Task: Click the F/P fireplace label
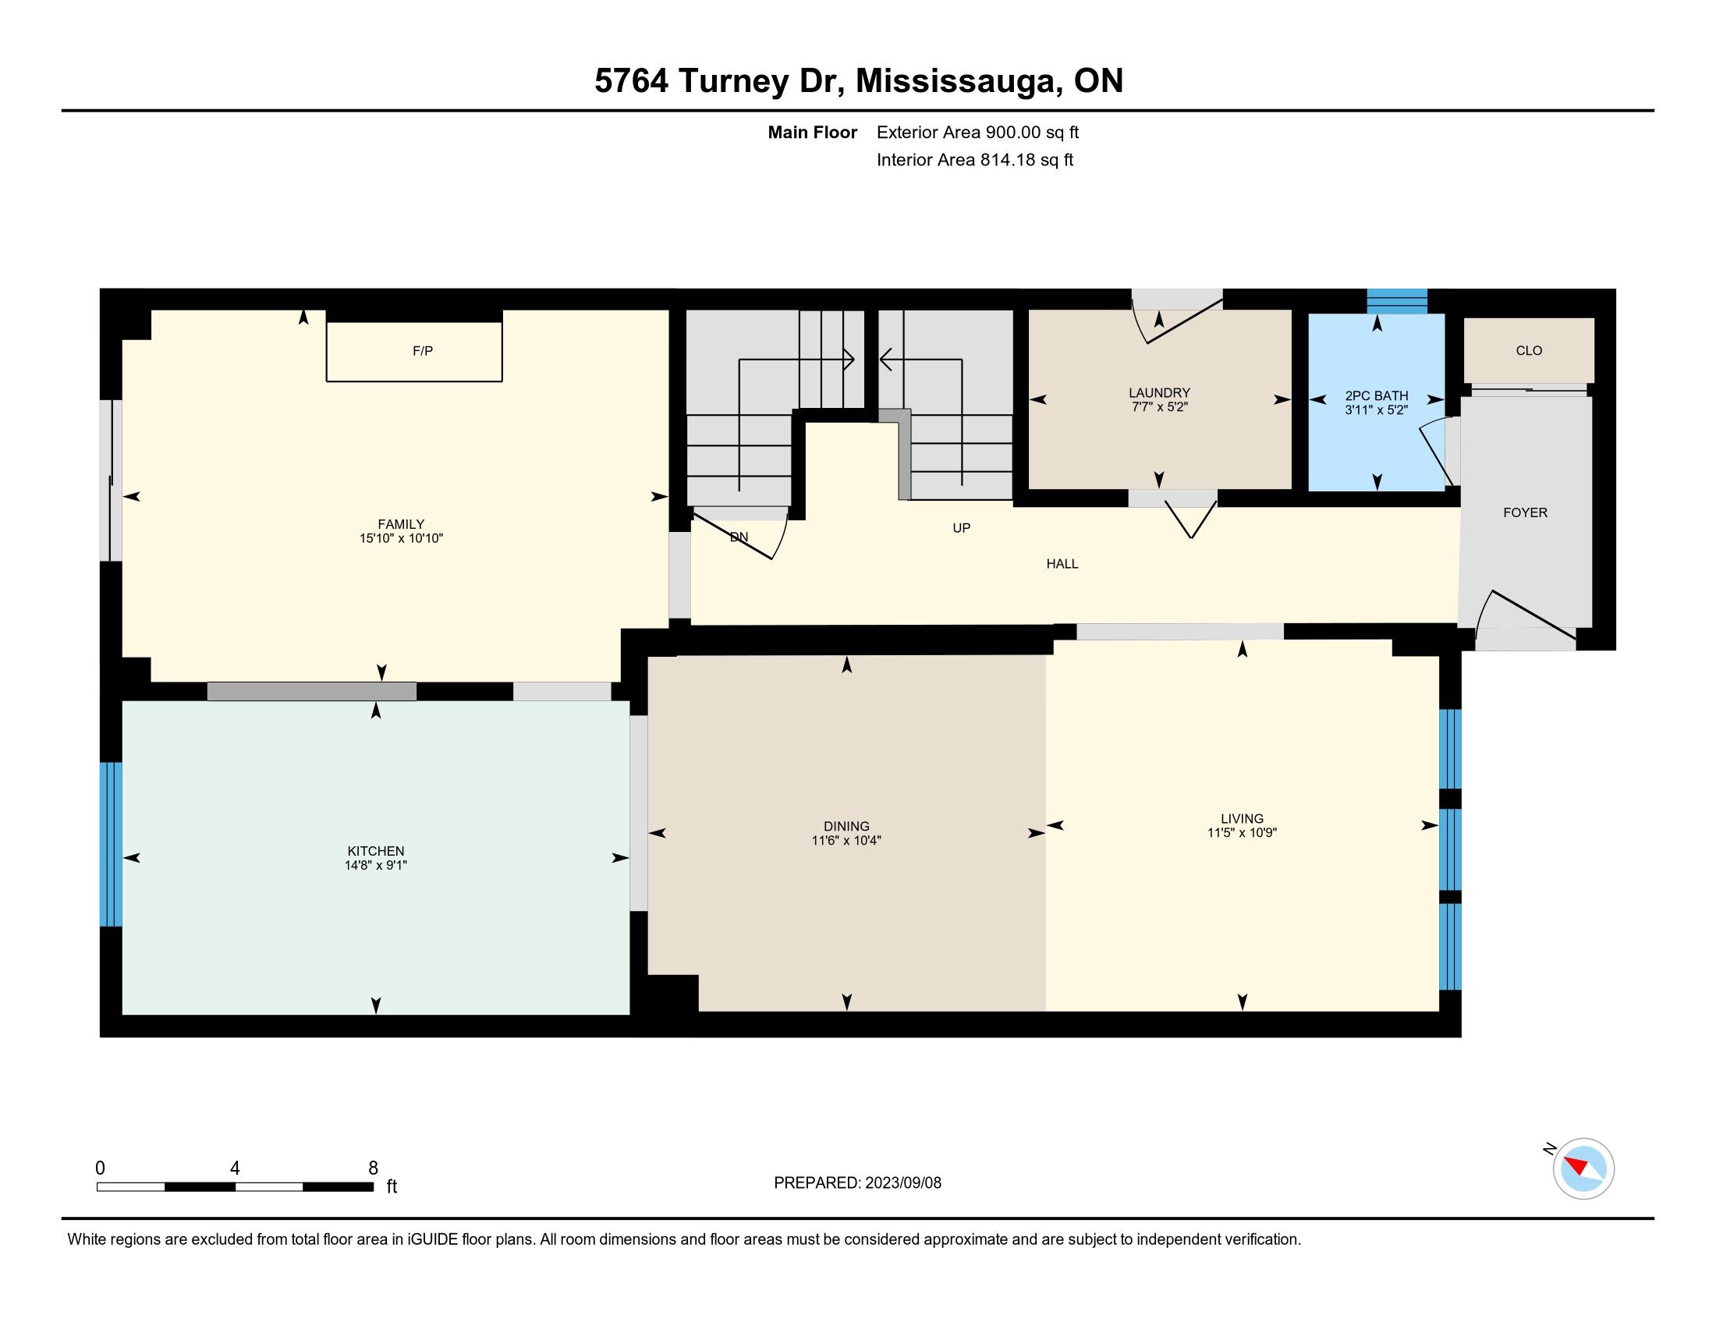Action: click(x=423, y=351)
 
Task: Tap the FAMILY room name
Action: click(x=401, y=524)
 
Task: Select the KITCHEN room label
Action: click(x=376, y=851)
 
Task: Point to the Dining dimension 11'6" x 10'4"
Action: click(x=846, y=841)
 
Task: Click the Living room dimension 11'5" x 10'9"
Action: click(x=1243, y=833)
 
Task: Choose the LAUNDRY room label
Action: click(x=1159, y=393)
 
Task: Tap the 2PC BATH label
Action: click(x=1377, y=396)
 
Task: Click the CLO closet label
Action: click(x=1529, y=350)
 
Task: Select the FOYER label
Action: click(x=1525, y=512)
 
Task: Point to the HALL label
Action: click(x=1062, y=563)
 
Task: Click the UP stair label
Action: click(x=962, y=528)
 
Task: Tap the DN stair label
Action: click(x=739, y=537)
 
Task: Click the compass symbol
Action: click(x=1583, y=1168)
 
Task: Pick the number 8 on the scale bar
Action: click(x=373, y=1168)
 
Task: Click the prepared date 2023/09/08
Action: click(x=902, y=1183)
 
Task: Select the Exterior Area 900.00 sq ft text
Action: click(x=977, y=132)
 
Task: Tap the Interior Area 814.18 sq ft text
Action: click(x=975, y=159)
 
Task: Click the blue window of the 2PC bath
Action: click(x=1397, y=302)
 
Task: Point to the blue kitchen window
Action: click(x=112, y=844)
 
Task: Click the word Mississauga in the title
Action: click(x=956, y=81)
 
